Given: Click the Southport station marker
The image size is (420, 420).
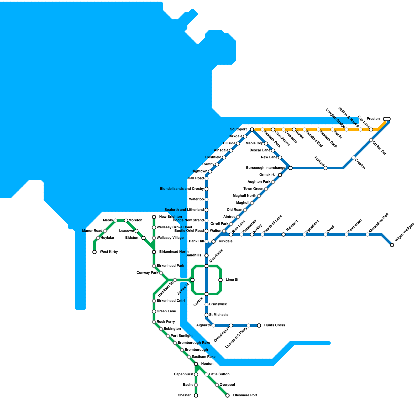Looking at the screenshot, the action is coord(252,129).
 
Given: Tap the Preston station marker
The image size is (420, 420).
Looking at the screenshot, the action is coord(387,119).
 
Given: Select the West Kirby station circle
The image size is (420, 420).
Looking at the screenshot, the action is coord(94,252).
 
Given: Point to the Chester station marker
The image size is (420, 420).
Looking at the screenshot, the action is coord(196,396).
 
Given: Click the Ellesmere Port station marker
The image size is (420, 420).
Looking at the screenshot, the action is coord(228,396).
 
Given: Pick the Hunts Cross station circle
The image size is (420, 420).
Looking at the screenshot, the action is coord(259,325).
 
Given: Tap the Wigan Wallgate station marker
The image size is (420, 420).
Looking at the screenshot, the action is coord(392,245).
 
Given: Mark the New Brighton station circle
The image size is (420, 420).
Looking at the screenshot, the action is coord(154,217).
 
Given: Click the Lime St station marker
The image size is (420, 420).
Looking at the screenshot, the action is coord(220,280).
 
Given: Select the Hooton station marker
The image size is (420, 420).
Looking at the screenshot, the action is coord(196,364).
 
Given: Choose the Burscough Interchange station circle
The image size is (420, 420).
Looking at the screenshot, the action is coord(290,168).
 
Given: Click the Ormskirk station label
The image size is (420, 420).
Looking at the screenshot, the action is coord(267,175).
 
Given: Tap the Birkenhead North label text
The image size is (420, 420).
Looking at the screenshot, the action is coord(174,252).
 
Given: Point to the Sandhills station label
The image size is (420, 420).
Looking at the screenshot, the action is coord(193,255).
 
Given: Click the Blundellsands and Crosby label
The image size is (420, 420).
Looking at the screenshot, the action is coord(182,189).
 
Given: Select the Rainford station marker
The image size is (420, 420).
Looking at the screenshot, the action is coord(283,234).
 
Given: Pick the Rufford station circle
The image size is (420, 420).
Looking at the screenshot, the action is coord(325,168).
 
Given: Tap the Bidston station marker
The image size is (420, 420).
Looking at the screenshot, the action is coord(144,238).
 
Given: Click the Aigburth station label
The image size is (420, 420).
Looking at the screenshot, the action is coord(203,325).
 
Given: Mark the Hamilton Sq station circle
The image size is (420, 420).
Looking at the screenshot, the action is coord(175,280).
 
